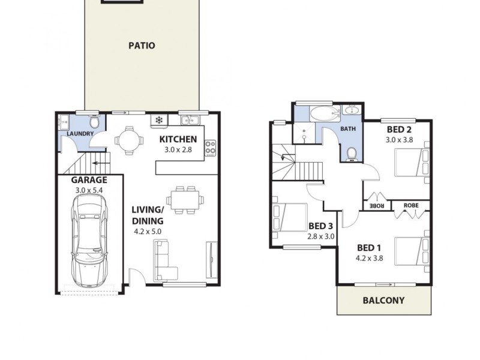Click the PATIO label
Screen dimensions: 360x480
tap(142, 45)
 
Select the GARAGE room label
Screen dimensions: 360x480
tap(89, 179)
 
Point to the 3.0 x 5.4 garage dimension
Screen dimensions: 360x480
tap(89, 190)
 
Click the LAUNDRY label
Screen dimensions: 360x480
tap(79, 134)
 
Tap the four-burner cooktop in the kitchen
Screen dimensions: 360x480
tap(210, 147)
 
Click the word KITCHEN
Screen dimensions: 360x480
tap(179, 139)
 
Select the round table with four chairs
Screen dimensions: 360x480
tap(130, 140)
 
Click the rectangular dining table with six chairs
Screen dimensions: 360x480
tap(184, 199)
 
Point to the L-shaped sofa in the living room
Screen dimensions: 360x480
tap(166, 260)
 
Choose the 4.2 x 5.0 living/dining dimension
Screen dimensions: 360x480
tap(148, 231)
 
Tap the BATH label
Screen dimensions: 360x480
tap(348, 129)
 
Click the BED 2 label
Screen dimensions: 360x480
tap(398, 129)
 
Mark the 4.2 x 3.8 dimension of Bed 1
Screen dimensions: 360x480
tap(370, 259)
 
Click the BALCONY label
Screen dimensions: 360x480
tap(383, 301)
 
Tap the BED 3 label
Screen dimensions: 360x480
tap(320, 226)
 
